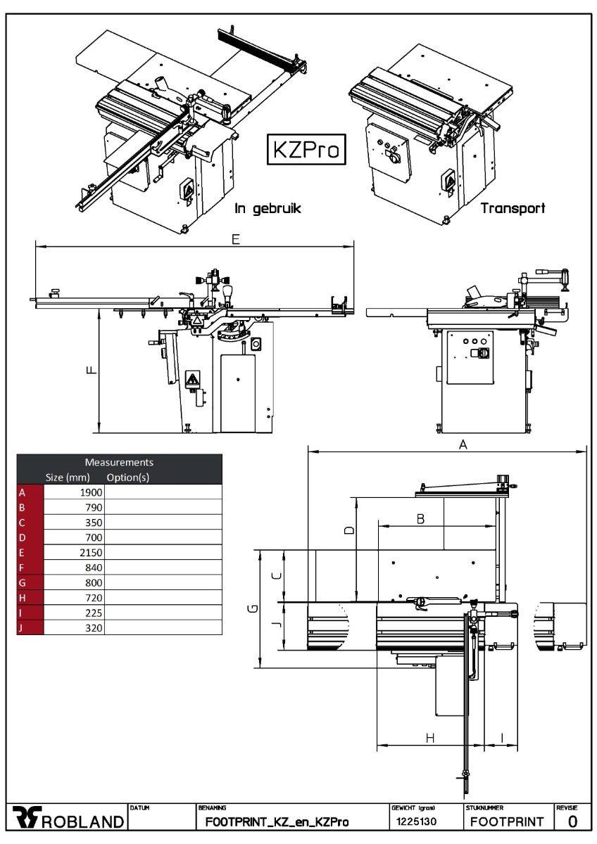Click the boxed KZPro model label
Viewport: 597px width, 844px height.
[306, 149]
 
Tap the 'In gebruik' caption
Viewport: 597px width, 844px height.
[268, 208]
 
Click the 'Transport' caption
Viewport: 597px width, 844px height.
[513, 208]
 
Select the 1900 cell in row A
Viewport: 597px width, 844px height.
[91, 492]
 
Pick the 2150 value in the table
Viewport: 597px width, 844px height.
[91, 552]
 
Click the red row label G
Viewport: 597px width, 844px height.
[23, 582]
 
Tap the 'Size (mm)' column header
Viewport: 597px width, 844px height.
[68, 478]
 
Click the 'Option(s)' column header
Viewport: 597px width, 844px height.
[128, 478]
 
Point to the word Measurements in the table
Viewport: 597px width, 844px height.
[119, 462]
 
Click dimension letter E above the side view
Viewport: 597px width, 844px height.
[236, 239]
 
